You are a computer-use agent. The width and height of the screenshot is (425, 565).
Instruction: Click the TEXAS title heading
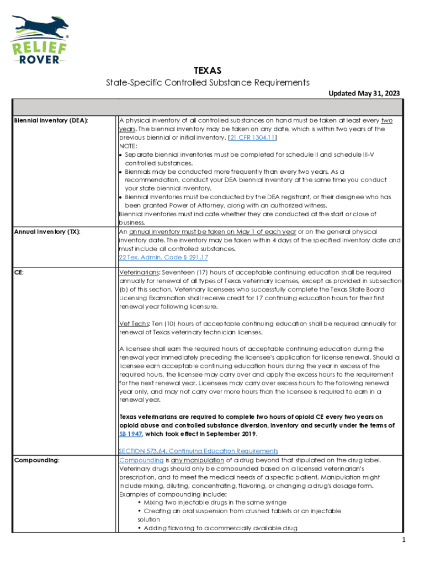[x=208, y=71]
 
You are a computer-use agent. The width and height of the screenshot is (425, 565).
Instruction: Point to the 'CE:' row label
[x=19, y=273]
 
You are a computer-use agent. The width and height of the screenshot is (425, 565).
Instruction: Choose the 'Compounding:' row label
[x=37, y=460]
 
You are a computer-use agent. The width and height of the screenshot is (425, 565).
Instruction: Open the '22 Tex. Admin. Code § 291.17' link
[x=163, y=257]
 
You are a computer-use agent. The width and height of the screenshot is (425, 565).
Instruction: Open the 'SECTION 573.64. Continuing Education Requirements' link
[x=198, y=451]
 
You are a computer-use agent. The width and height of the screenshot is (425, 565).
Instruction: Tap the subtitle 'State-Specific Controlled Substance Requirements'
[x=208, y=83]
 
